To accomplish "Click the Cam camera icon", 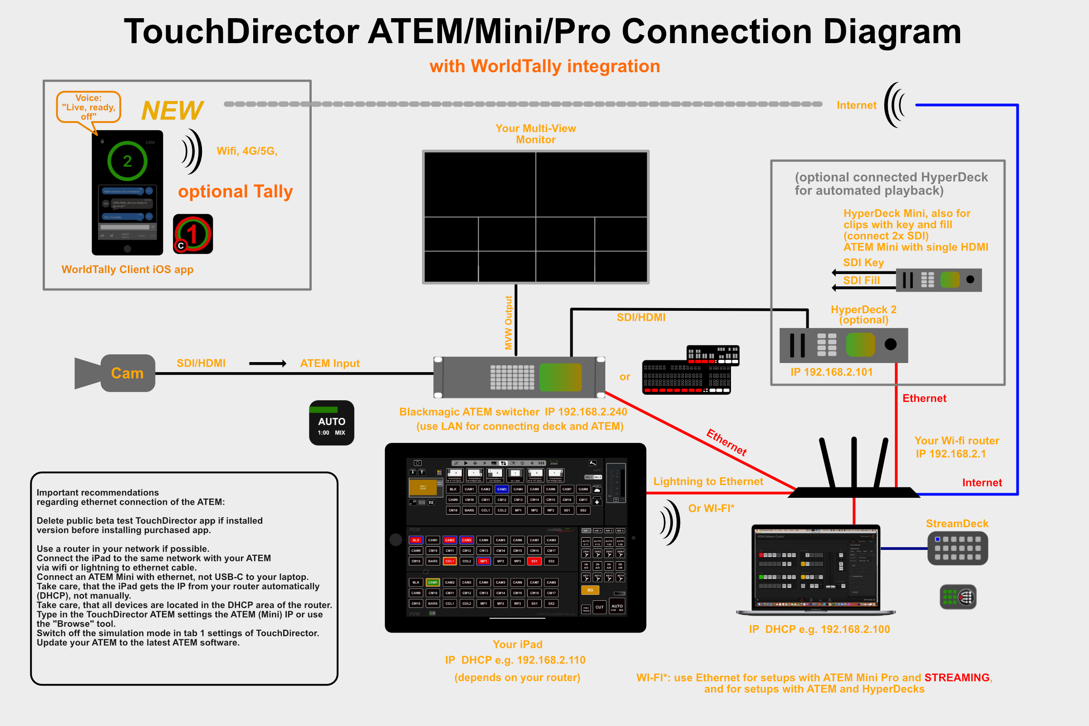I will coord(115,373).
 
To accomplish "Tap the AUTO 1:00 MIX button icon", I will coord(332,423).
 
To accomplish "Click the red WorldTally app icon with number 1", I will coord(192,234).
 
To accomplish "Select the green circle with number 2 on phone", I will coord(128,161).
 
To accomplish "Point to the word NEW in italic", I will coord(172,111).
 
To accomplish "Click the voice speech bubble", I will coord(88,107).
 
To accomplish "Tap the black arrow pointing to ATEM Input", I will coord(268,363).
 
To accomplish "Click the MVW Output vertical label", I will coord(508,323).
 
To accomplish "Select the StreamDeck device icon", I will coord(957,548).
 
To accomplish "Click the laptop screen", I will coord(815,567).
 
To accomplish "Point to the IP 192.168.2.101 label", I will coord(832,372).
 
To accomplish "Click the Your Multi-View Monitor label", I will coord(536,134).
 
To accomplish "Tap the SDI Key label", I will coord(863,263).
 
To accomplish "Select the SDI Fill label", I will coord(861,280).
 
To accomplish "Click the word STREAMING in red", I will coord(957,677).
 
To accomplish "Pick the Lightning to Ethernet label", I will coord(708,481).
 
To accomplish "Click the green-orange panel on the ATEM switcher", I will coord(560,378).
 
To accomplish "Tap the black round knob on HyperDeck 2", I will coord(890,344).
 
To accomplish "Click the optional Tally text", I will coord(235,191).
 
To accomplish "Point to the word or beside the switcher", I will coord(625,377).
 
